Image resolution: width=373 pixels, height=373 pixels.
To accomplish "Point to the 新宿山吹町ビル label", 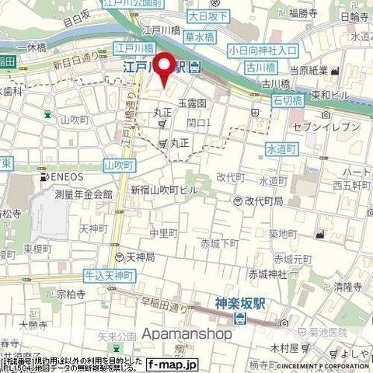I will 164,190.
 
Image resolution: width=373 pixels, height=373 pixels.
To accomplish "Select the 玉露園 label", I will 190,103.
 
